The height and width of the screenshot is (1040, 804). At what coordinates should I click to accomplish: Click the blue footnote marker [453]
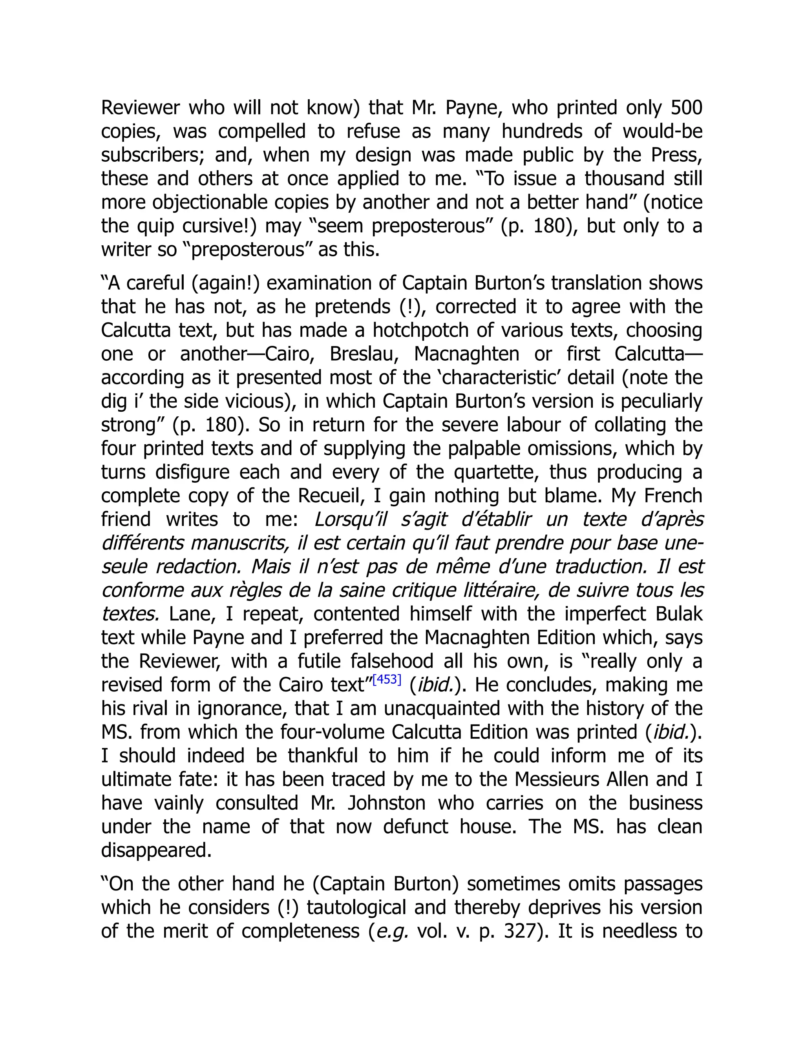[387, 679]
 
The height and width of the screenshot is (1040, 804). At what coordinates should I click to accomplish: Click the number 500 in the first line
[686, 108]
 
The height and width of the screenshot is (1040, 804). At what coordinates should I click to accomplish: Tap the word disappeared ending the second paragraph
[156, 850]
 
